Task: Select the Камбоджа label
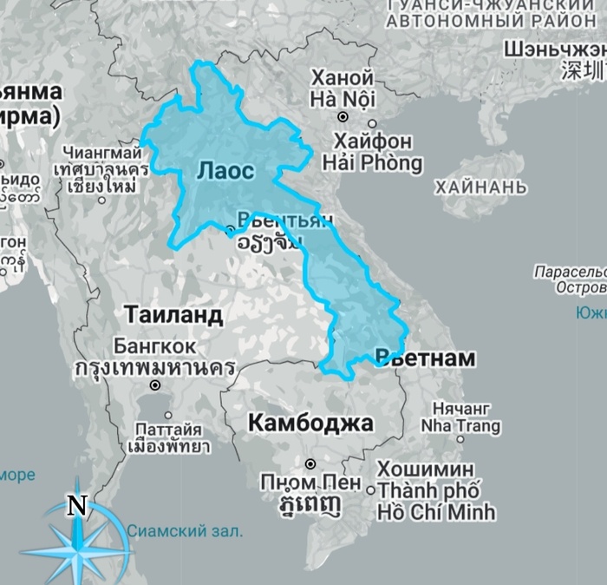310,423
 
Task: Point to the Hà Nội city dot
343,115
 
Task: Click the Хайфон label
373,141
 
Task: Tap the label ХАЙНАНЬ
481,187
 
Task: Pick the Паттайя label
168,429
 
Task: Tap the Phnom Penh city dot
310,463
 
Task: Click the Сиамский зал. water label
185,529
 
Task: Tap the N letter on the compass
78,506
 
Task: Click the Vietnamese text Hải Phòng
373,162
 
